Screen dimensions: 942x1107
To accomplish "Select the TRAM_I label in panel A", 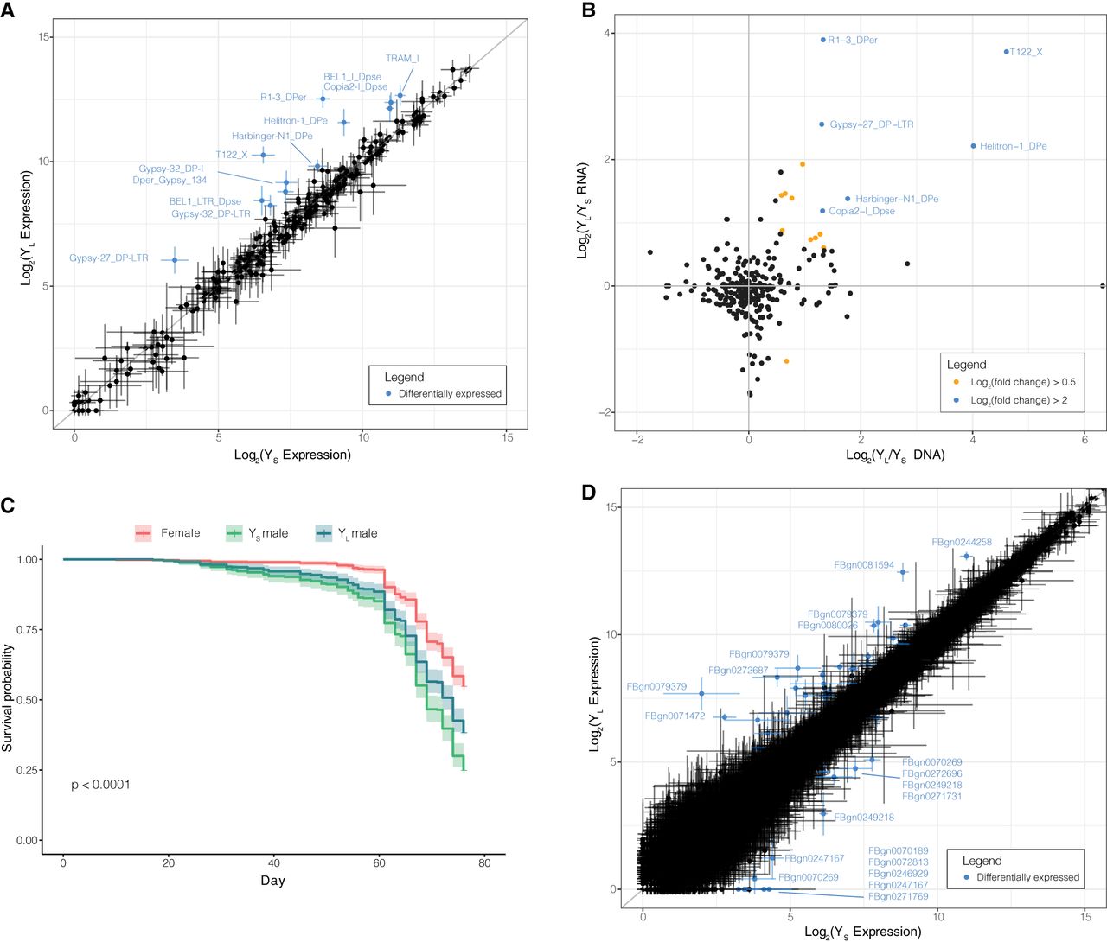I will point(402,59).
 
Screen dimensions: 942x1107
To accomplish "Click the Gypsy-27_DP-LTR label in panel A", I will point(109,258).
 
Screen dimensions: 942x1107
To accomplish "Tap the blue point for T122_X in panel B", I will point(1007,52).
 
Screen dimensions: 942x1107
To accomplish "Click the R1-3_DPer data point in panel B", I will point(823,40).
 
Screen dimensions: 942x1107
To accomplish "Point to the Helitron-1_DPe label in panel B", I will point(1013,147).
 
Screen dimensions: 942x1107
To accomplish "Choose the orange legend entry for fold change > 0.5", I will point(1022,382).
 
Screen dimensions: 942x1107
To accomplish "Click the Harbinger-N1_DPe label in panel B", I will point(897,200).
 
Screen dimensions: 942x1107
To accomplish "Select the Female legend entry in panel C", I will point(180,533).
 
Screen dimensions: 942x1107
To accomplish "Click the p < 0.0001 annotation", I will point(101,785).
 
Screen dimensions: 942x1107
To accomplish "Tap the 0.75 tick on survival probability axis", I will point(28,630).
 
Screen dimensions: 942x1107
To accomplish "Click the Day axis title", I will point(272,881).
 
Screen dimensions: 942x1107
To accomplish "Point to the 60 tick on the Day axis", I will point(379,863).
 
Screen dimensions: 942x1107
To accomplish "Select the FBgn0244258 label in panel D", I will point(962,543).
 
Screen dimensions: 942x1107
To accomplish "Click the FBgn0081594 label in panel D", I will point(863,565).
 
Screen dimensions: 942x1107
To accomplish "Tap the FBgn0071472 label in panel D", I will point(675,716).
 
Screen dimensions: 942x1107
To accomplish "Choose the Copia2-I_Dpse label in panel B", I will point(861,212).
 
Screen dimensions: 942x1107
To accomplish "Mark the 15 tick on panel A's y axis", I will point(45,37).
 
